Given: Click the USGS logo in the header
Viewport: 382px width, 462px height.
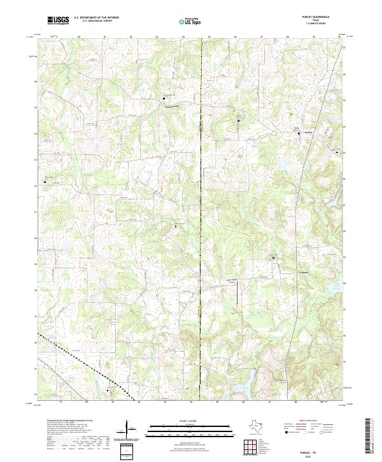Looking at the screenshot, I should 58,20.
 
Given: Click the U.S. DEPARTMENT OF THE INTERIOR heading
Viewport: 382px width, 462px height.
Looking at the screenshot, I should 97,18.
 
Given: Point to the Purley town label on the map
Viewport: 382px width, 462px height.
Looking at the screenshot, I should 309,133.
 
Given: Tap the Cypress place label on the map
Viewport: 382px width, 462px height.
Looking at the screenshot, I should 287,270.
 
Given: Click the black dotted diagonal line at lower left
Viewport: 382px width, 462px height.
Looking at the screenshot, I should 83,363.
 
